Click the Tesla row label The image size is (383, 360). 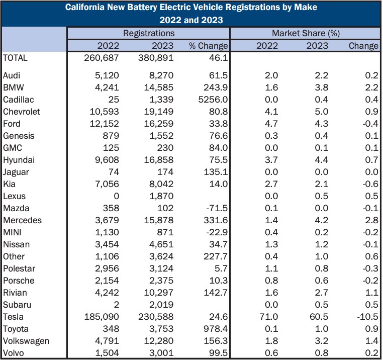[x=13, y=317]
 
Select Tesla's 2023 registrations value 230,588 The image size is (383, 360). [x=156, y=317]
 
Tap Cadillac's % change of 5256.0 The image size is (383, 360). [x=213, y=100]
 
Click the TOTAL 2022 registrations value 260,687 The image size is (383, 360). [x=102, y=58]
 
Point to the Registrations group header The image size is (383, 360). [x=149, y=33]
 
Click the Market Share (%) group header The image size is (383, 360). [x=306, y=33]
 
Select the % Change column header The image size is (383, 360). [x=209, y=46]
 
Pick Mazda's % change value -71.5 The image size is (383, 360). [x=217, y=208]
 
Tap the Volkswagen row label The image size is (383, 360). [x=26, y=341]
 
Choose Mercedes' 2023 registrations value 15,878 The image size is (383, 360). [x=159, y=220]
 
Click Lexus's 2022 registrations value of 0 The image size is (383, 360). [x=117, y=196]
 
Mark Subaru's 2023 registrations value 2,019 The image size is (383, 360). [x=161, y=305]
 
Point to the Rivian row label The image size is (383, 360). [x=15, y=293]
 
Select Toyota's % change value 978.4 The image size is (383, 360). [x=216, y=329]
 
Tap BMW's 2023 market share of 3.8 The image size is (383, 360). [x=322, y=87]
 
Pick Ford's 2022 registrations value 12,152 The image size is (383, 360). [x=105, y=124]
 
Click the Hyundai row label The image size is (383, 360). [x=19, y=160]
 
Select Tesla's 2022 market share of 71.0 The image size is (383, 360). [x=269, y=317]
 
